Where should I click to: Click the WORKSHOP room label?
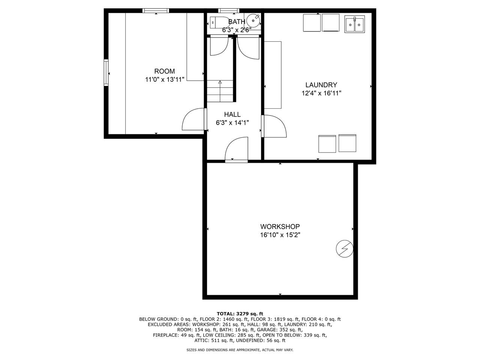[280, 226]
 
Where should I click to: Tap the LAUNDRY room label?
[321, 85]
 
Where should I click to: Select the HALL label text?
[232, 114]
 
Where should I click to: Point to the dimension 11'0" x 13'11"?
[164, 79]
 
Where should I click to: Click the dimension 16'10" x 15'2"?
[280, 235]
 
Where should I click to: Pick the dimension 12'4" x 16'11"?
[321, 93]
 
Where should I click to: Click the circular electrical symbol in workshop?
[344, 248]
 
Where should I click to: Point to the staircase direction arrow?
[220, 82]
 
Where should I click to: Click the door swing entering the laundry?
[275, 126]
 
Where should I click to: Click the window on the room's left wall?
[106, 72]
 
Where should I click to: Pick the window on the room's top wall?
[155, 10]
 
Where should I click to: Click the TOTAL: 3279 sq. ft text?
[240, 313]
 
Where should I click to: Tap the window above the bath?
[230, 10]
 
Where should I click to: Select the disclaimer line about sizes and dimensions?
[240, 349]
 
